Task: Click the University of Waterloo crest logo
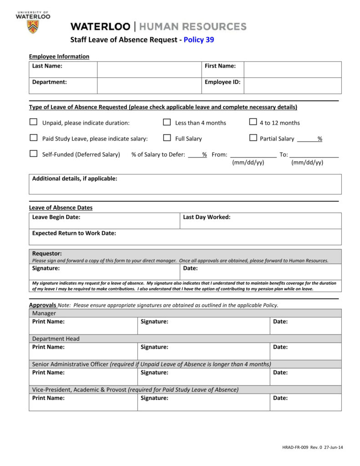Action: tap(33, 26)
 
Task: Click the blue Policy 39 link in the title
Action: tap(198, 40)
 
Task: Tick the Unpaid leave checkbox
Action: tap(33, 122)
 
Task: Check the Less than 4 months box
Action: tap(167, 122)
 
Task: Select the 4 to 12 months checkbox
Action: tap(253, 122)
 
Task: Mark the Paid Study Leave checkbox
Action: tap(33, 138)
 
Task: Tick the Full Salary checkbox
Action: tap(167, 138)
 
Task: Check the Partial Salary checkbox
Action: tap(253, 138)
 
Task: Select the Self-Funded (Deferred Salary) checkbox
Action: tap(33, 154)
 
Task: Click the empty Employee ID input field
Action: tap(292, 85)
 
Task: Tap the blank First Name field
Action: tap(292, 69)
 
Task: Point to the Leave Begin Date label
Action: tap(56, 217)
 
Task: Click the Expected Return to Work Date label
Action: tap(74, 233)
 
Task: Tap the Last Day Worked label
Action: tap(207, 217)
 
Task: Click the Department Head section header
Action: tap(56, 339)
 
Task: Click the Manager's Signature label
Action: tap(154, 322)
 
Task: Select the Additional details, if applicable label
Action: tap(75, 178)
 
